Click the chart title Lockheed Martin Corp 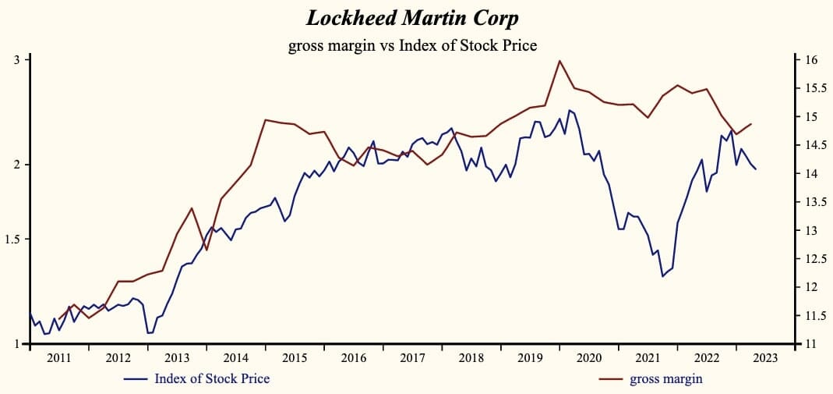tap(412, 18)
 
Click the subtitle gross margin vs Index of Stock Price tap(412, 45)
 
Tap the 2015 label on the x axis tap(295, 358)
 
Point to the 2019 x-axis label tap(531, 358)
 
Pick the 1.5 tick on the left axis tap(13, 239)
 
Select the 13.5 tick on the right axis tap(815, 202)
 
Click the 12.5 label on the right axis tap(815, 259)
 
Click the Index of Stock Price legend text tap(212, 379)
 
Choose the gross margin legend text tap(666, 379)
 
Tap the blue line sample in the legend tap(136, 379)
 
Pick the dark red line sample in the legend tap(611, 379)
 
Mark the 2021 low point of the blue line tap(662, 276)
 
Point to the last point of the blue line tap(755, 169)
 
